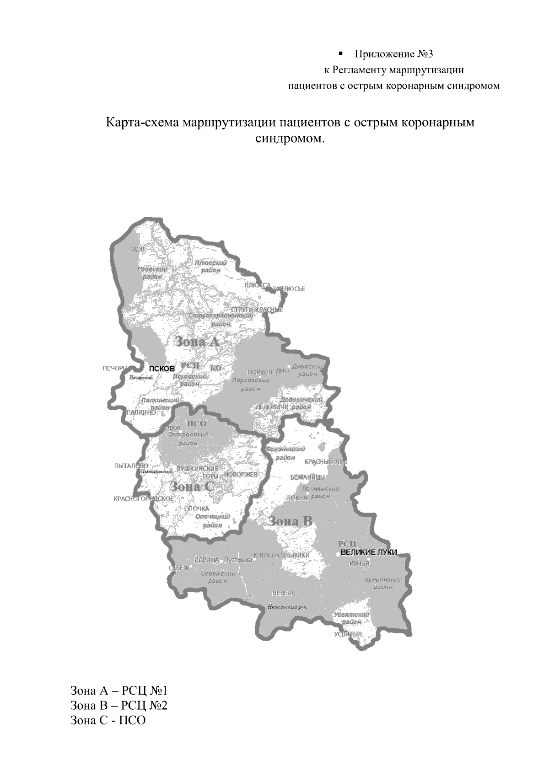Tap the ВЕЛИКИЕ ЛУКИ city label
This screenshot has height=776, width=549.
369,552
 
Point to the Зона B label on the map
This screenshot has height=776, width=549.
290,521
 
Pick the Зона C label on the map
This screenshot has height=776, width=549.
192,487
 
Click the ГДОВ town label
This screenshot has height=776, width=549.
137,249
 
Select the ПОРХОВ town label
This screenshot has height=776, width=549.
259,372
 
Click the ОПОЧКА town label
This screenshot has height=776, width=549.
197,509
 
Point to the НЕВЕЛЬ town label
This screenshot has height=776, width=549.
284,593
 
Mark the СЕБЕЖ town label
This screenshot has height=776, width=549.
179,568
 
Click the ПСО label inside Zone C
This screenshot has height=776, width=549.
197,423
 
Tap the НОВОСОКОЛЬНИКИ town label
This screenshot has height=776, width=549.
280,555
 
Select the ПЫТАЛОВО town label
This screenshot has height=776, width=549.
131,466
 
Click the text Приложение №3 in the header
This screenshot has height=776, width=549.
393,54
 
